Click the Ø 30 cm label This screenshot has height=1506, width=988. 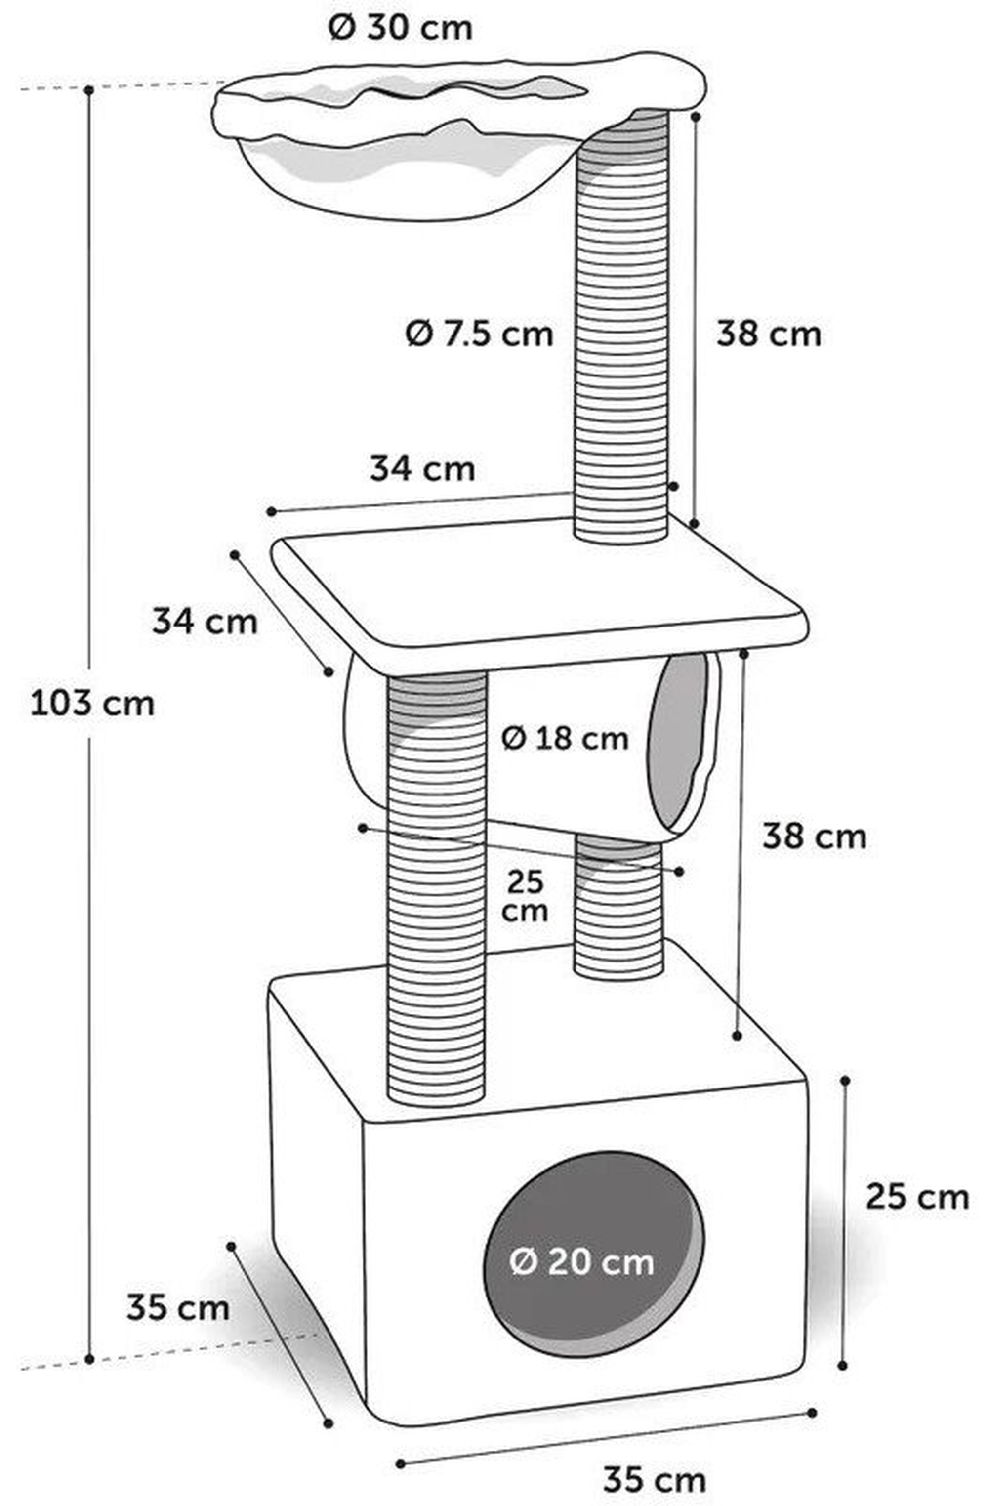[400, 29]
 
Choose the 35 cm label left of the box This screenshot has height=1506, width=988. [178, 1308]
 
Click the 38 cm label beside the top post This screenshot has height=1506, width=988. [769, 334]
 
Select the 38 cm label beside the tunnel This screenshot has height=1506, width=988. [814, 837]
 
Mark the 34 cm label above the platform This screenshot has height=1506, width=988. [422, 469]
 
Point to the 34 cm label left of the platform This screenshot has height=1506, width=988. [205, 622]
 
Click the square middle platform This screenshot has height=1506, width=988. [539, 593]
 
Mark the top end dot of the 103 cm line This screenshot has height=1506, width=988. [90, 90]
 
